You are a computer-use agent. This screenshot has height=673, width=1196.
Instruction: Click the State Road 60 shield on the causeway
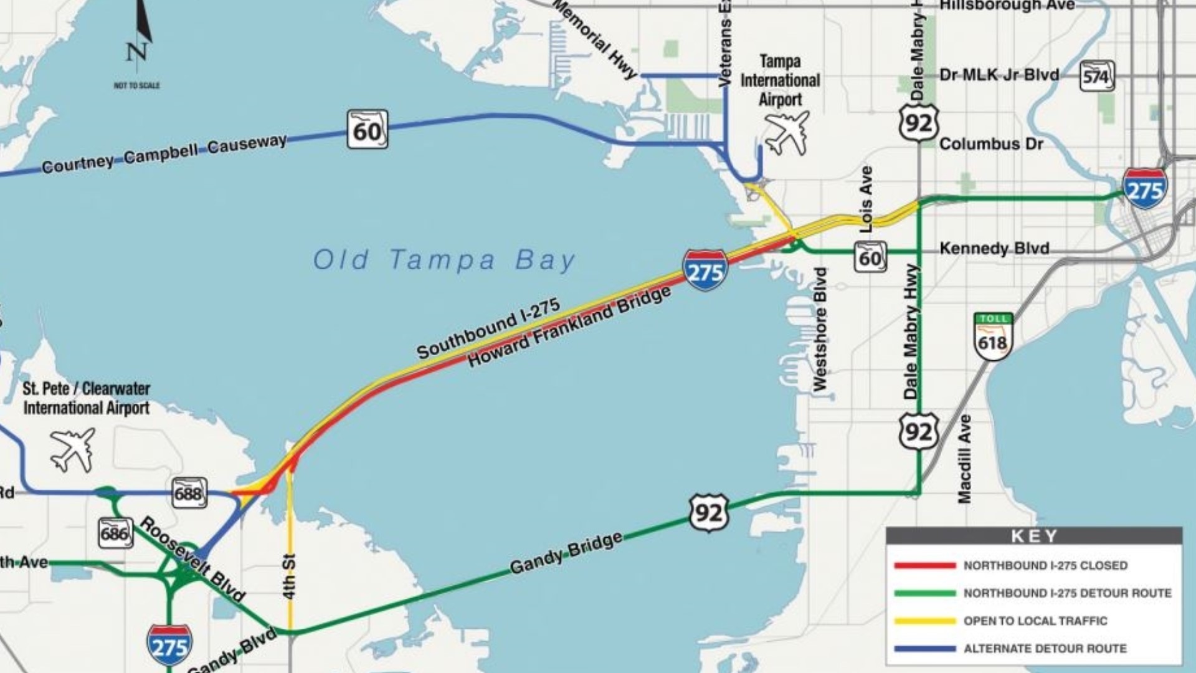tap(367, 130)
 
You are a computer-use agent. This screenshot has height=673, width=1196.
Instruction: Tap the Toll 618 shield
tap(993, 337)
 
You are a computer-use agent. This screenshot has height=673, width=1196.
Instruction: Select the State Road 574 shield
tap(1096, 76)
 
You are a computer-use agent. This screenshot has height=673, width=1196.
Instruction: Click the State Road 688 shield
tap(189, 493)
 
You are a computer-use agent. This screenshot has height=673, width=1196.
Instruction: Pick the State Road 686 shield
tap(115, 533)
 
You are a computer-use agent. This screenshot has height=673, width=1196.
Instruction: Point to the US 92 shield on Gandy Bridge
tap(709, 513)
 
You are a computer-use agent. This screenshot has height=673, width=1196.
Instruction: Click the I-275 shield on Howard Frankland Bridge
tap(705, 270)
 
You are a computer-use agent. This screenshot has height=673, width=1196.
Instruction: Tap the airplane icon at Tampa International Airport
tap(787, 132)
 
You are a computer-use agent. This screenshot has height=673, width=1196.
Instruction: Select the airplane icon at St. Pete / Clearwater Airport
tap(74, 449)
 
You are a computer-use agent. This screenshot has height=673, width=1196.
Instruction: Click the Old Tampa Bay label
tap(444, 260)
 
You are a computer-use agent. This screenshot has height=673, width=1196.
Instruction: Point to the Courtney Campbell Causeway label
tap(164, 153)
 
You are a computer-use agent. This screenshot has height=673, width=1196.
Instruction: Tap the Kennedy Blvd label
tap(994, 248)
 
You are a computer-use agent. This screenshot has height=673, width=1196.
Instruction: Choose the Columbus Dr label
tap(990, 144)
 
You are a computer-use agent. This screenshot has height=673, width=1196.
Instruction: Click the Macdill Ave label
tap(964, 458)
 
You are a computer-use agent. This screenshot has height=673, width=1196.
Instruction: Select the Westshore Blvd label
tap(820, 329)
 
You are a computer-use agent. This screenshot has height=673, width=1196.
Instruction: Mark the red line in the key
tap(924, 566)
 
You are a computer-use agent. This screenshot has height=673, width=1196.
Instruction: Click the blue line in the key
tap(924, 649)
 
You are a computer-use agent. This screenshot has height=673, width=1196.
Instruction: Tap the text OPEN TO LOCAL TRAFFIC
tap(1035, 621)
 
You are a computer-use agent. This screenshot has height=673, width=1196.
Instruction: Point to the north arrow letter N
tap(136, 52)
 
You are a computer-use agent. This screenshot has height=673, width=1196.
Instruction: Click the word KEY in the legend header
tap(1034, 536)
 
